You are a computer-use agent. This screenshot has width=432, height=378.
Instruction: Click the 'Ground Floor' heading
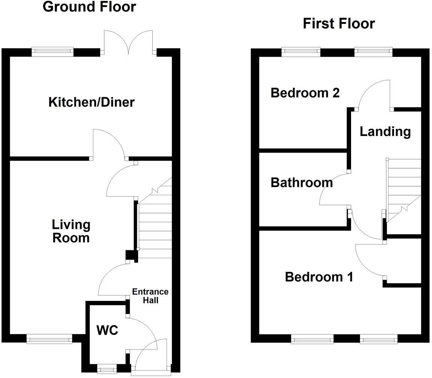(89, 7)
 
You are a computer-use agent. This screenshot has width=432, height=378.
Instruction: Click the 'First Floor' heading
(339, 24)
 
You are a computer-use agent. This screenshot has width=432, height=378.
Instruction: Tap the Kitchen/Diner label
(91, 102)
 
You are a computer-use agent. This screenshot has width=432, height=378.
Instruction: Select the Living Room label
(71, 231)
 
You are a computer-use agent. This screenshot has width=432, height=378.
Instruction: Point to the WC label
(107, 330)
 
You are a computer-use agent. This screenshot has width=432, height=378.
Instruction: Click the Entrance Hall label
(150, 296)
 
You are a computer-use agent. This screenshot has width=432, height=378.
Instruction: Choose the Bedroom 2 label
(305, 93)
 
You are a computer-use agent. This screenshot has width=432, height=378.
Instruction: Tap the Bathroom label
(301, 182)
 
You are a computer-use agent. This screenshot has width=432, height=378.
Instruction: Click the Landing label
(385, 131)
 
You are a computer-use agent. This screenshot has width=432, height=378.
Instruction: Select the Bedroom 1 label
(319, 277)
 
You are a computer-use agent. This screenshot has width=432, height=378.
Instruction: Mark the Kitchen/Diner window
(52, 52)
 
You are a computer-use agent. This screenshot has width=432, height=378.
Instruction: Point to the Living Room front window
(49, 339)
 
